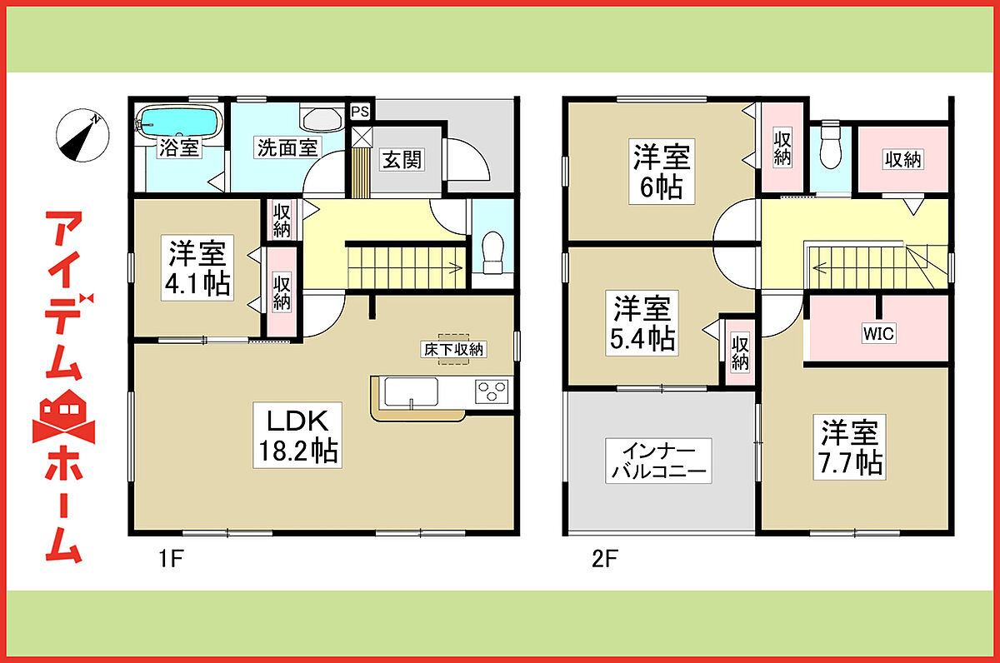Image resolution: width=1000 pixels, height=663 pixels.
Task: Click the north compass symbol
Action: point(82,135)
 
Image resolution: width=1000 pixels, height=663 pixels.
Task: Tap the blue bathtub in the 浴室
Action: point(180,121)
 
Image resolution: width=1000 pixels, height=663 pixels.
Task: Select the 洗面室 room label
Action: point(287,147)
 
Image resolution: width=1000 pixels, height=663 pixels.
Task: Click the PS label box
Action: point(360,111)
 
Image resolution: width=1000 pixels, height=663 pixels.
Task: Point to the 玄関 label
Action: point(402,160)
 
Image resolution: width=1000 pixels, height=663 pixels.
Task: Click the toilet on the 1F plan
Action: point(492,252)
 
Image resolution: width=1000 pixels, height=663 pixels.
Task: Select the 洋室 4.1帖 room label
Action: point(197,267)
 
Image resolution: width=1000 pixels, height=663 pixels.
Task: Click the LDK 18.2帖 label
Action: point(297,435)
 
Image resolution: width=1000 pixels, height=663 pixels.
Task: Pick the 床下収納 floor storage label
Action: point(453,350)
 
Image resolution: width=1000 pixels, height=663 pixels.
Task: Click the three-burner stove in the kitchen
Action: point(492,391)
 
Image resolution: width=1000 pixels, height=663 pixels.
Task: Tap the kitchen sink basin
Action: point(411,391)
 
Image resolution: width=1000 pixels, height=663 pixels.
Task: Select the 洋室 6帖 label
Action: point(662,172)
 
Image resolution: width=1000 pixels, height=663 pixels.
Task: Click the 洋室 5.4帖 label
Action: point(642,323)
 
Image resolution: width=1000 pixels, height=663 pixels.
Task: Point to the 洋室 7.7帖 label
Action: point(849,447)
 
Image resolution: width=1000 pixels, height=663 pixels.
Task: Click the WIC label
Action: point(878,333)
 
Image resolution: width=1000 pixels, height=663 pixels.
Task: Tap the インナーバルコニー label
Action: point(658,461)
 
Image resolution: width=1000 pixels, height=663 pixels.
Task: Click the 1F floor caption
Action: point(172,559)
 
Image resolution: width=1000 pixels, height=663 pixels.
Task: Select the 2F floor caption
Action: point(605,559)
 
